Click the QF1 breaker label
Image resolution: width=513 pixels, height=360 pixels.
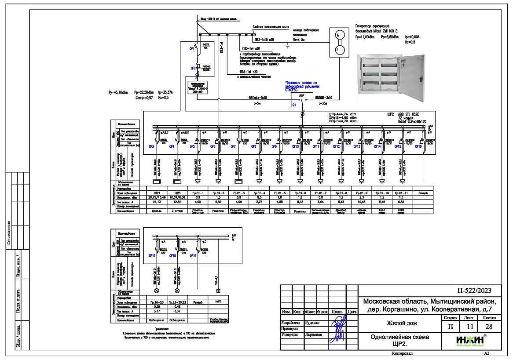pos(192,49)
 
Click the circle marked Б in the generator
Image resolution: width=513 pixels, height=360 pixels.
pos(338,35)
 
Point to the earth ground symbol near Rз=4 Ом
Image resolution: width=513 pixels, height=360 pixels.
pos(288,44)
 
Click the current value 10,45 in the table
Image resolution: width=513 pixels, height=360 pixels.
pos(362,202)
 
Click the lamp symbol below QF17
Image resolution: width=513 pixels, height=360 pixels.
pos(156,291)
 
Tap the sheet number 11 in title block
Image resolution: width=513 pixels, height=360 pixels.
pos(468,327)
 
